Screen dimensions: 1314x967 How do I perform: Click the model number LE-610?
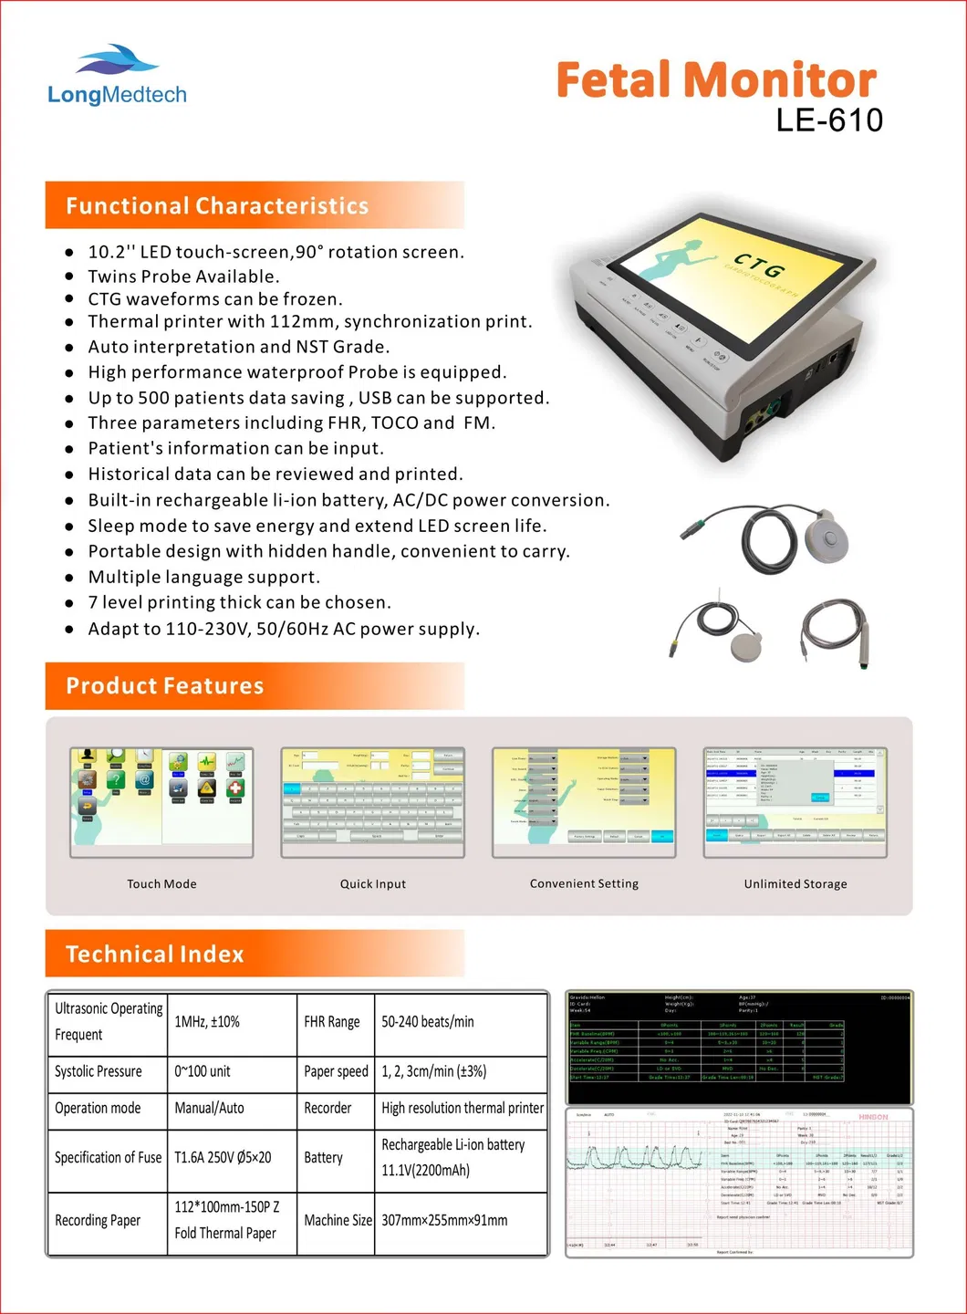(829, 120)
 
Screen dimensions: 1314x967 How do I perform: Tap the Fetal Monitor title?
(716, 80)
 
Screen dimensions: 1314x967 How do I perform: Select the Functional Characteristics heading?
(217, 206)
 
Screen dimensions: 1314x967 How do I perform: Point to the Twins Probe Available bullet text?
(183, 276)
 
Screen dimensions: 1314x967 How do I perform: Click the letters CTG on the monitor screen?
(759, 266)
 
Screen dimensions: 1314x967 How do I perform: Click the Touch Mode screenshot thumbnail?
(161, 802)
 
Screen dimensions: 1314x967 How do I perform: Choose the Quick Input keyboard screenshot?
(373, 802)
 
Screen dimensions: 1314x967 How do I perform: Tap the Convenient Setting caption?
(584, 883)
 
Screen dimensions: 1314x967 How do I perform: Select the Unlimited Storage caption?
(795, 883)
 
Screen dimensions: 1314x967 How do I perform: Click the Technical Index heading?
(155, 954)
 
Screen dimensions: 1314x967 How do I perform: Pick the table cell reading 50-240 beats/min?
(428, 1022)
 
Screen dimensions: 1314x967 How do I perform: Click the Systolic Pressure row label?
(99, 1071)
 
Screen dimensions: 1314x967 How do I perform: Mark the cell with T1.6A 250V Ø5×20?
(223, 1157)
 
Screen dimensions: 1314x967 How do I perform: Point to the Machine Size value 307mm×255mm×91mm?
(444, 1220)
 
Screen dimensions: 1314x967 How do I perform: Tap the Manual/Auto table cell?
(209, 1108)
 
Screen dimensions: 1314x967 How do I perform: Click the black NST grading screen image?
(739, 1048)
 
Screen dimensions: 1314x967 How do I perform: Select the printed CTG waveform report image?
(739, 1183)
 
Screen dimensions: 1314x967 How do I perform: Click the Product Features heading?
(165, 686)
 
